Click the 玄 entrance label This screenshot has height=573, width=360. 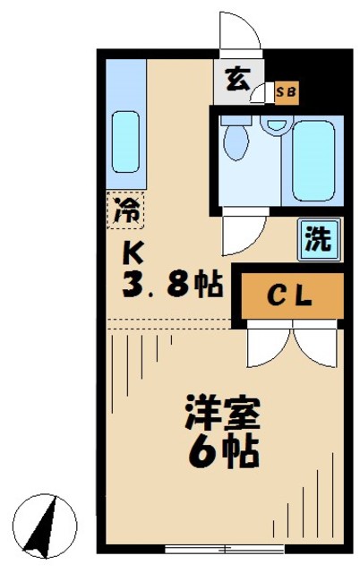coord(236,81)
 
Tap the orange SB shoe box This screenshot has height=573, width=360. coord(287,91)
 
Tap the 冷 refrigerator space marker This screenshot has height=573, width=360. coord(126,211)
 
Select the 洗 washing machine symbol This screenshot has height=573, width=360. coord(318,239)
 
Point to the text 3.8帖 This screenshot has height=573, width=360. coord(170,286)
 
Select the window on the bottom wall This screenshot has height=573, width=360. coord(216,547)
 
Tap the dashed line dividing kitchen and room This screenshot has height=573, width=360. coord(170,321)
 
